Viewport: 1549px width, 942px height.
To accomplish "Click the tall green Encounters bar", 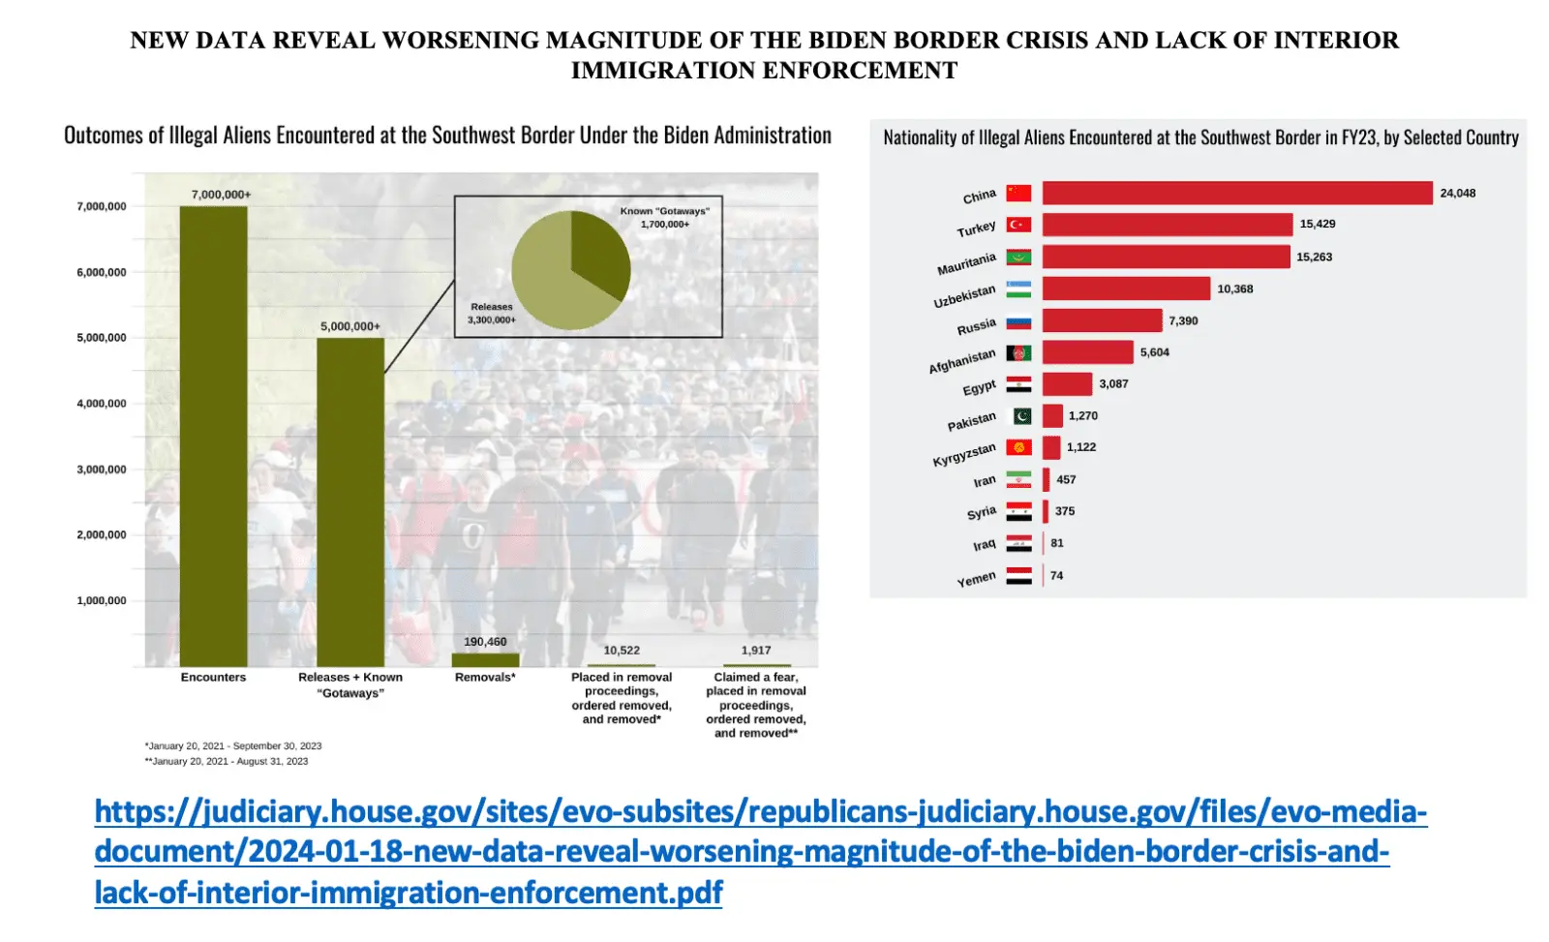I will [213, 436].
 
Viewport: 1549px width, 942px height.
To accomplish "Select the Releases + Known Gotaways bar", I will [350, 501].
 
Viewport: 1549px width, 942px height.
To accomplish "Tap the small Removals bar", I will [485, 660].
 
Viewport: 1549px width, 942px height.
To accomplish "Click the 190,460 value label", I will [485, 642].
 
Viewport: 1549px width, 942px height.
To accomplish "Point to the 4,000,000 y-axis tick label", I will [102, 404].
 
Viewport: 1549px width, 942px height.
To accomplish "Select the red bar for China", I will [1236, 193].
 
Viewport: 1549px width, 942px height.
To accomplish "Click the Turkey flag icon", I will [1018, 225].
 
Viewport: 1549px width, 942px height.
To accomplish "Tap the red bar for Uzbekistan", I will [1126, 289].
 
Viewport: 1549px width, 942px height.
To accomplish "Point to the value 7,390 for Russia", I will [1183, 320].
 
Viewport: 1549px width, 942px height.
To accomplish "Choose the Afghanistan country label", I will [962, 362].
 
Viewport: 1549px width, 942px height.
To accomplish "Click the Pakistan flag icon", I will [1022, 415].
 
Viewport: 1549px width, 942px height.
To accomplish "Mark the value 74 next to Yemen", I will [1056, 575].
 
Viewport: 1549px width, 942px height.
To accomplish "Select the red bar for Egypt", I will [1067, 383].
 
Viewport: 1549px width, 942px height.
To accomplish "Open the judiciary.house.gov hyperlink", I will [760, 851].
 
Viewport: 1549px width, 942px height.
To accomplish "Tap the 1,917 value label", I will [756, 651].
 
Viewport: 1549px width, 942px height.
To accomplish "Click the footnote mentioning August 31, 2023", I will [227, 761].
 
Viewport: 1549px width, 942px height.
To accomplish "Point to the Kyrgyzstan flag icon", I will [1018, 447].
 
